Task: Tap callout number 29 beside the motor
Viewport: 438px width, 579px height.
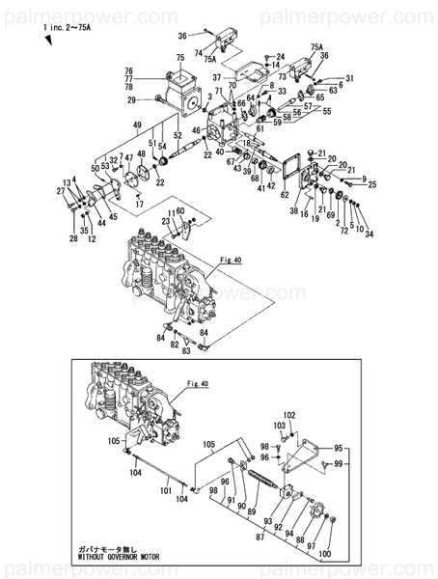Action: (130, 99)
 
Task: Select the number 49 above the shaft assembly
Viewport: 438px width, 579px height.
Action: (137, 125)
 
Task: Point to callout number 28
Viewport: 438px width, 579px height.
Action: (72, 237)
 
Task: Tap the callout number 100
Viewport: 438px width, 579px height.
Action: (324, 555)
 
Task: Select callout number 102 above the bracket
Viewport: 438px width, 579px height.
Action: (289, 415)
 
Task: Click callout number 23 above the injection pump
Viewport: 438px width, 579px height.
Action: (166, 222)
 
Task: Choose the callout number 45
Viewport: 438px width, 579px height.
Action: (113, 217)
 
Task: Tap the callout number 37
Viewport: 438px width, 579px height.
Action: (218, 76)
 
